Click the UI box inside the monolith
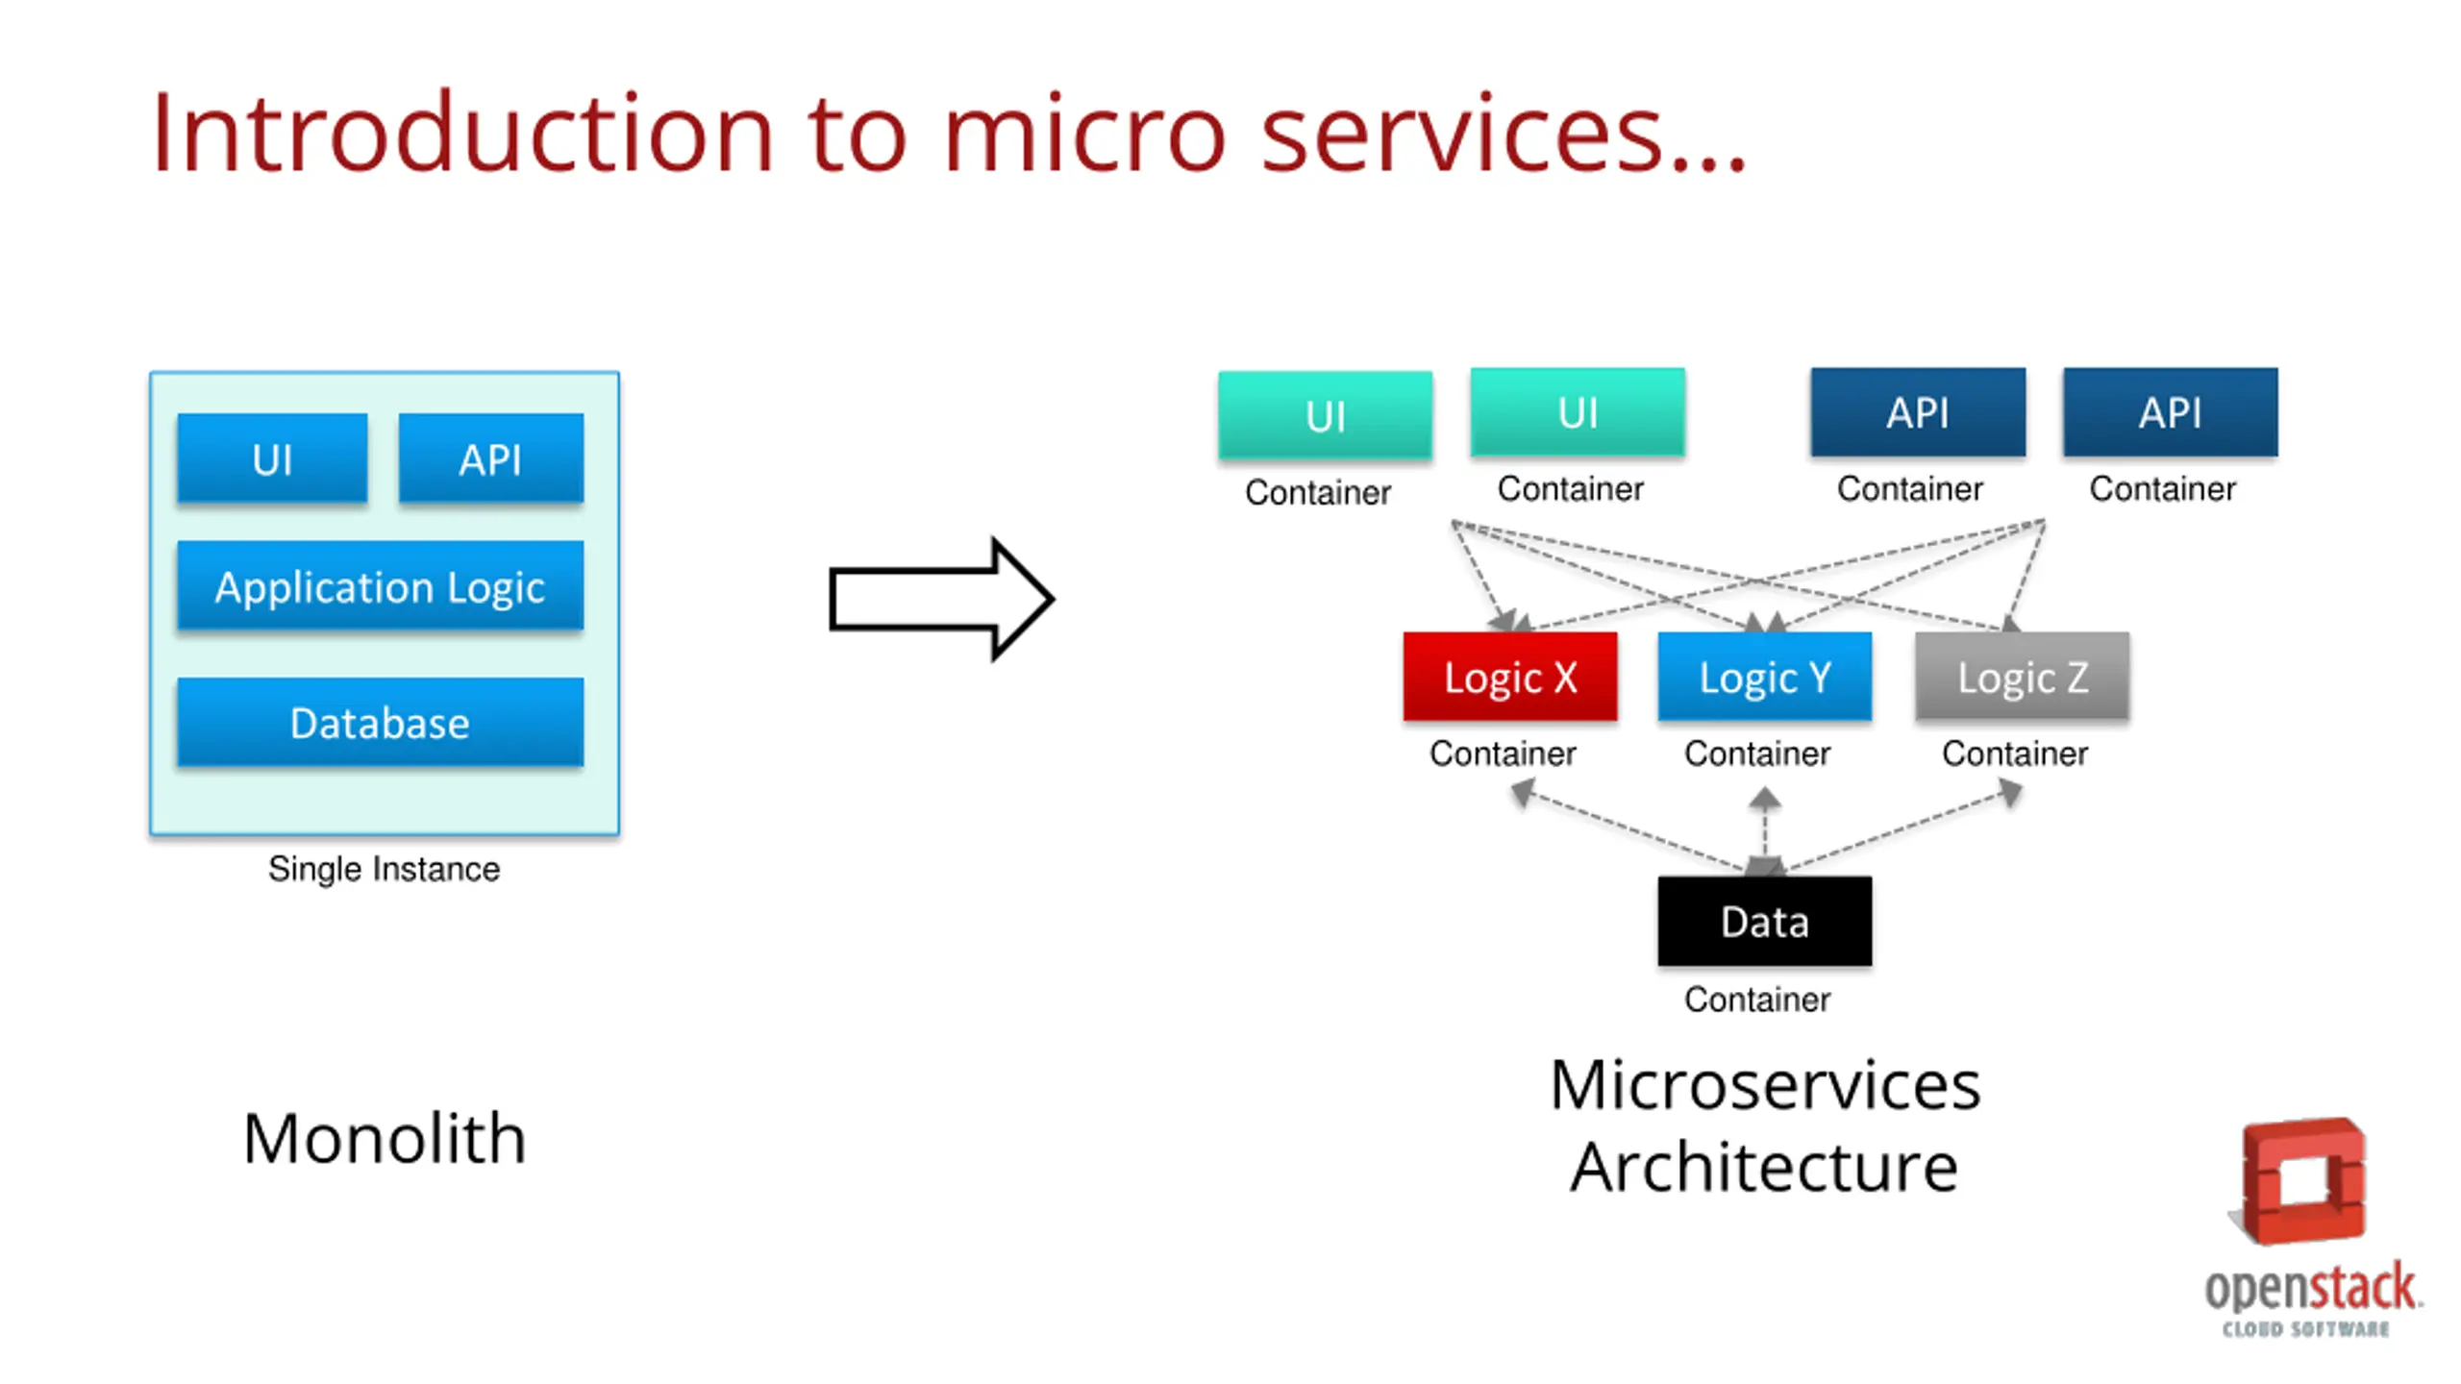(272, 457)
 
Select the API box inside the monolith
(491, 457)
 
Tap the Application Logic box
(381, 585)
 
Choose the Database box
(381, 722)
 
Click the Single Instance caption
(384, 869)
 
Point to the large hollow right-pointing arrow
(942, 599)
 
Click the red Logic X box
(1510, 677)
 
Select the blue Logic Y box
(1765, 677)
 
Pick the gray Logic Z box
(2023, 677)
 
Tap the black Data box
(1765, 921)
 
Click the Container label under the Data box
(1757, 1000)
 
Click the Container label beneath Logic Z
(2015, 754)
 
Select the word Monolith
(385, 1139)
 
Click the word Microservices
(1765, 1084)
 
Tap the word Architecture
(1765, 1167)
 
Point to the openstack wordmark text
(2312, 1289)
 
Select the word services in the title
(1462, 135)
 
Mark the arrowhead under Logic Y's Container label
(1765, 798)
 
